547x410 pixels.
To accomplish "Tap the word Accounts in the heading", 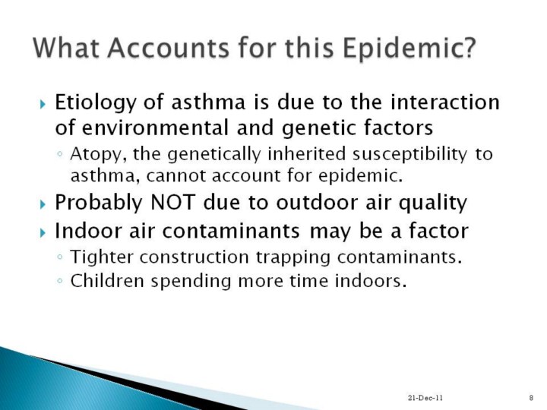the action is tap(168, 47).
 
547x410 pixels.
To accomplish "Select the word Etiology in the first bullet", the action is tap(95, 103).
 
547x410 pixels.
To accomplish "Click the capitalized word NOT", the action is tap(172, 202).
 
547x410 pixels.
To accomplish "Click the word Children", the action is tap(107, 281).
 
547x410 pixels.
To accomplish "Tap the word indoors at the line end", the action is tap(371, 281).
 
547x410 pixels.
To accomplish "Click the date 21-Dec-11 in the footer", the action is tap(425, 398).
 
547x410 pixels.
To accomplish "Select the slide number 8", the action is tap(531, 398).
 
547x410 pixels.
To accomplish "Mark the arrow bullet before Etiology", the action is tap(43, 104).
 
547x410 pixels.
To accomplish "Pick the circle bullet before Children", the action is tap(60, 281).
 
